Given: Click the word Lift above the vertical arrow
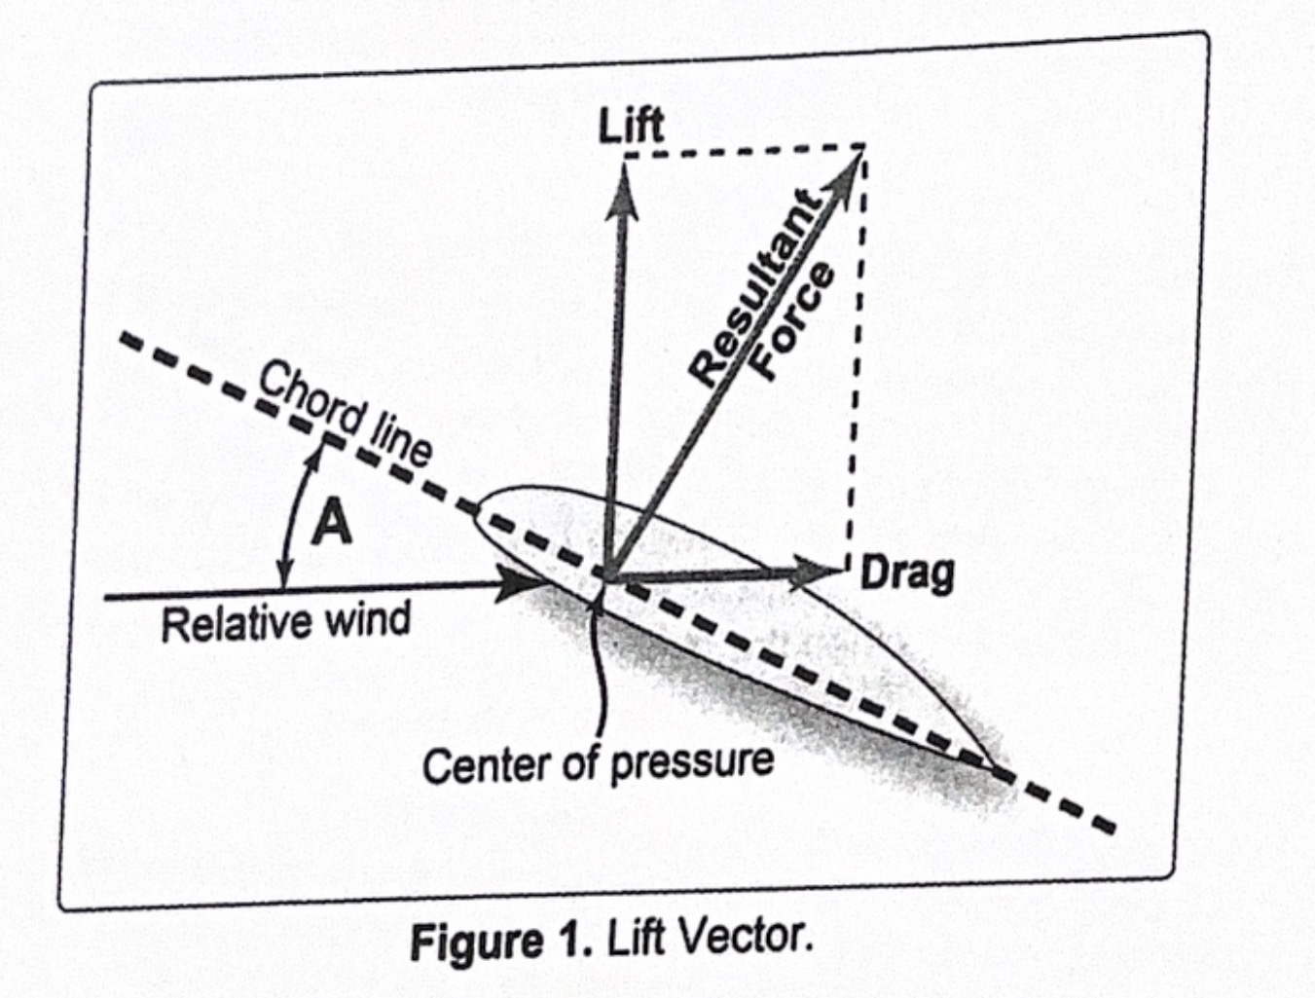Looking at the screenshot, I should (631, 127).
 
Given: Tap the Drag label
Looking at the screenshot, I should (907, 573).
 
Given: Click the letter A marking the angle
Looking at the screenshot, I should (331, 524).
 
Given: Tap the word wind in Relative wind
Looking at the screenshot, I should (366, 619).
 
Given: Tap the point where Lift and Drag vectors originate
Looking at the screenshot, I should (607, 578).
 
